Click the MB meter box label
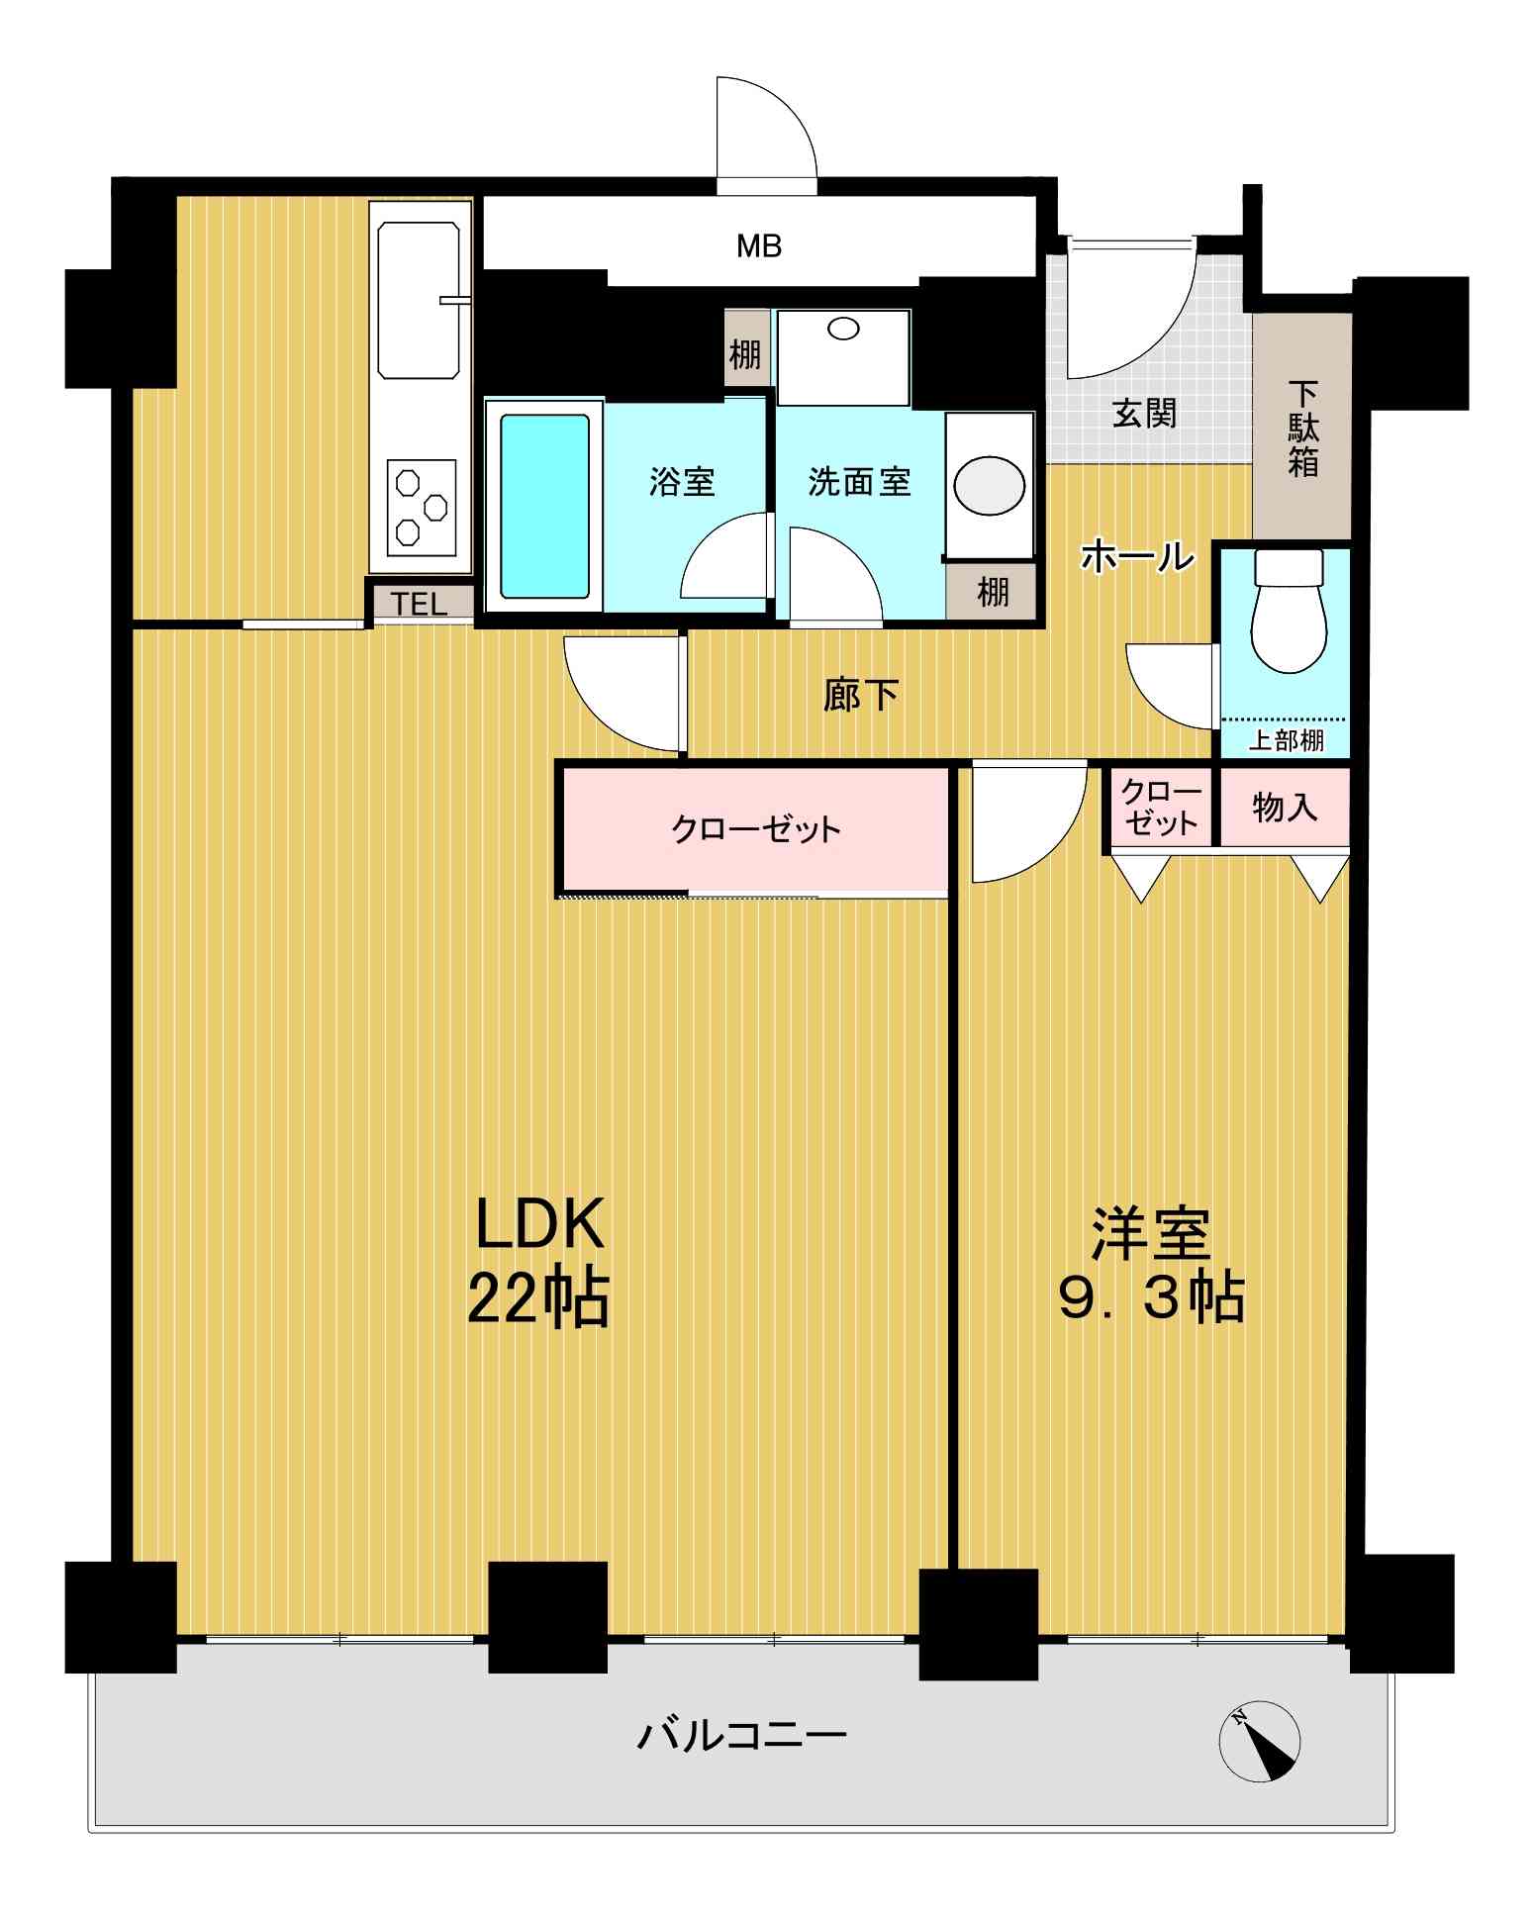[759, 245]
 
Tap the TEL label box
[420, 603]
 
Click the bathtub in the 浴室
[544, 507]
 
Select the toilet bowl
[1289, 612]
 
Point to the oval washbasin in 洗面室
[989, 485]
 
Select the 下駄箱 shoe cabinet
[1302, 426]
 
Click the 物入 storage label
[1285, 808]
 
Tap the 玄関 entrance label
[1144, 413]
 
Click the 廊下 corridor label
[860, 695]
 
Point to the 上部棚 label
[1286, 739]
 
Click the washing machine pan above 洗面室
[843, 357]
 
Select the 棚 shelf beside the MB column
[746, 354]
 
